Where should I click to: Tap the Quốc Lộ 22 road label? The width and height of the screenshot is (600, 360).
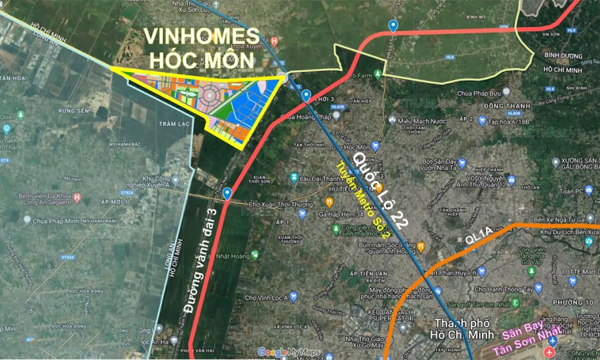382,188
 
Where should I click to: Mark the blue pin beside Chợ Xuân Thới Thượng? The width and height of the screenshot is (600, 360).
227,194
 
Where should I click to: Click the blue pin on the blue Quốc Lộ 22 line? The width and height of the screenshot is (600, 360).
307,96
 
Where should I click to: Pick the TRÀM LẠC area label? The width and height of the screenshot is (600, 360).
172,123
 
